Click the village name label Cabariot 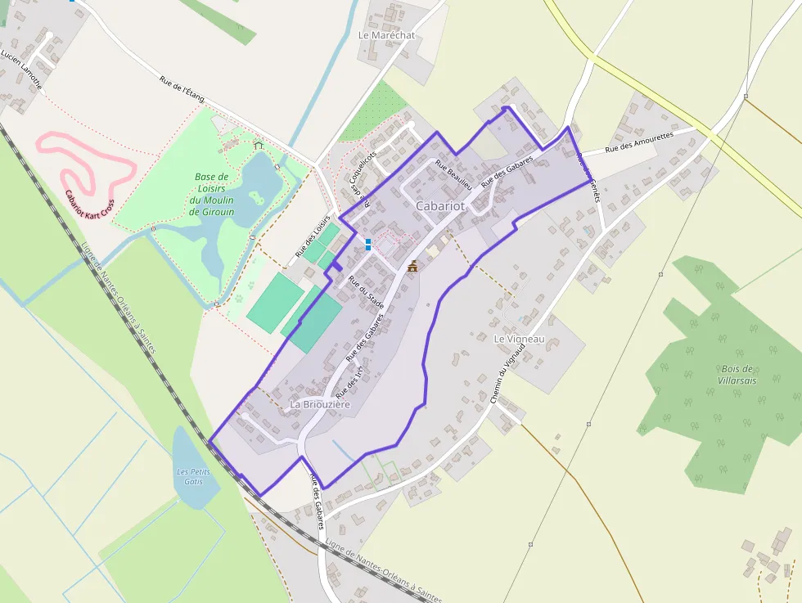pos(440,206)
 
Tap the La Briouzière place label pos(320,405)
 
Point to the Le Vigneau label pos(519,339)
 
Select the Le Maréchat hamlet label pos(387,36)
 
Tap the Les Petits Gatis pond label pos(194,476)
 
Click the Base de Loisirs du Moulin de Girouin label pos(212,194)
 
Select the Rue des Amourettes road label pos(638,142)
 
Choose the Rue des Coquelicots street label pos(361,174)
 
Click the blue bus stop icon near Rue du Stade pos(368,244)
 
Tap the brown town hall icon pos(412,266)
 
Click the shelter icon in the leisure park pos(259,146)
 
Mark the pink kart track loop pos(85,164)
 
